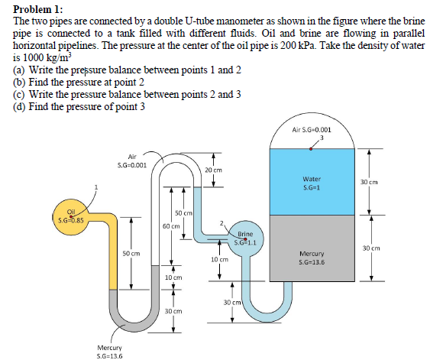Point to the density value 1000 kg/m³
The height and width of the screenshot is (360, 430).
[43, 58]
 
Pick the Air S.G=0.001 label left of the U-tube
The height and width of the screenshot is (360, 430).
[128, 163]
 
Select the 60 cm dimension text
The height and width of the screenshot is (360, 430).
[170, 226]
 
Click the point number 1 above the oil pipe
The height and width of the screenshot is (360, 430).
[96, 186]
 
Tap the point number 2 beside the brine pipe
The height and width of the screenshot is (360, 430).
[221, 222]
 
